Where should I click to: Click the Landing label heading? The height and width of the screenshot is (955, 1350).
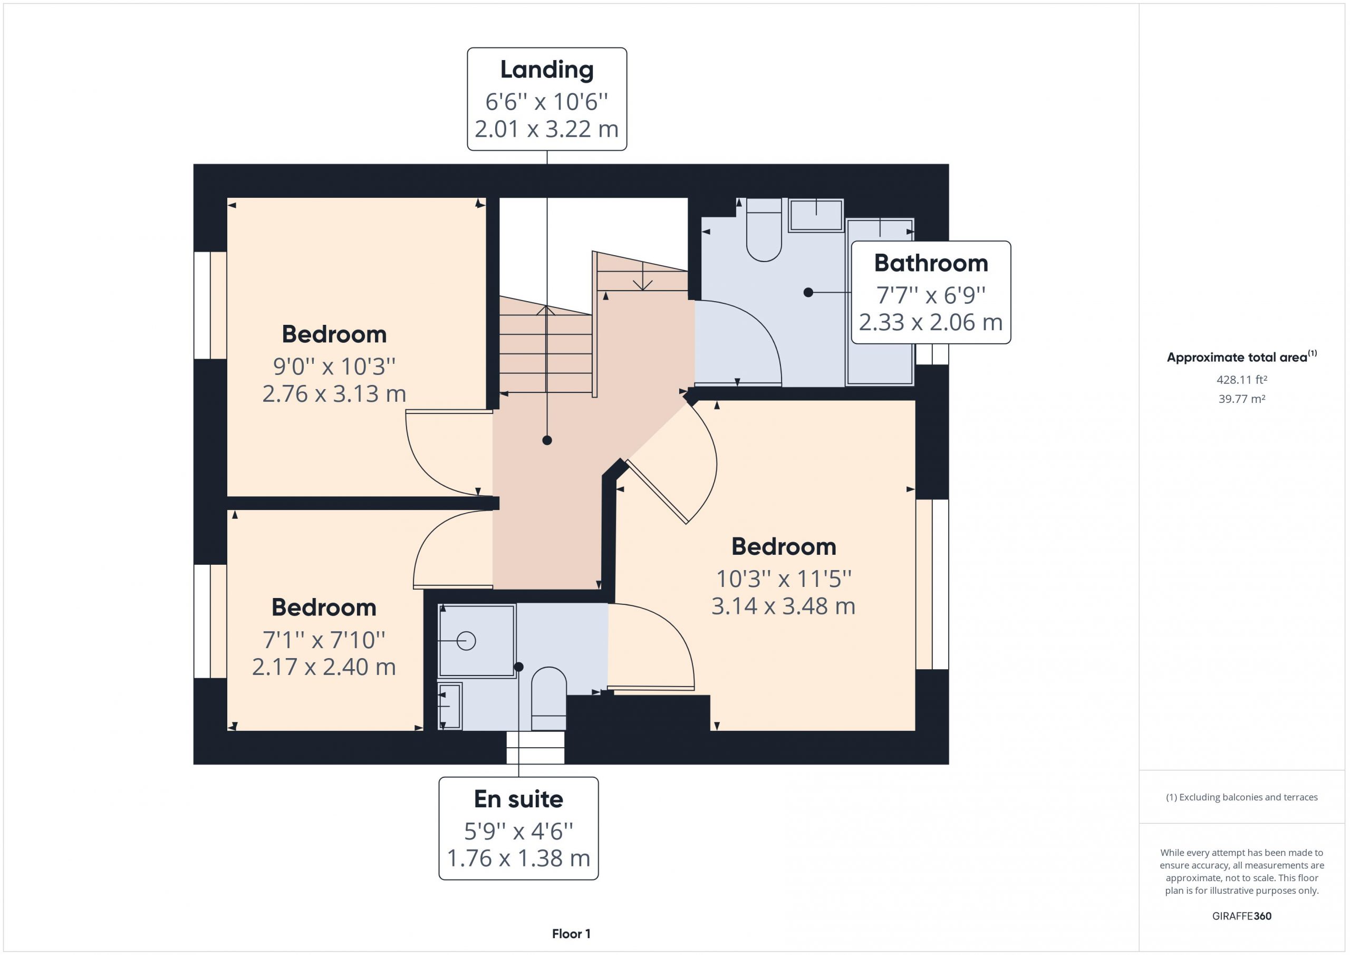547,70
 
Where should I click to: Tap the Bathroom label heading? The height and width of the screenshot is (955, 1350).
931,263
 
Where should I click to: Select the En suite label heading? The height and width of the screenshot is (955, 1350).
518,799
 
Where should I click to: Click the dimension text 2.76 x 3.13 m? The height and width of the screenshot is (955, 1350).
334,394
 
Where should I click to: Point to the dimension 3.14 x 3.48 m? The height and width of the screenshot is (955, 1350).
783,606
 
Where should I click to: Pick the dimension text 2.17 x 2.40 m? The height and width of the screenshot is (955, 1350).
324,667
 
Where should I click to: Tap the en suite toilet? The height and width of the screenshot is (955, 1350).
548,699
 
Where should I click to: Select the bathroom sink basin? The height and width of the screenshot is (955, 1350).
816,215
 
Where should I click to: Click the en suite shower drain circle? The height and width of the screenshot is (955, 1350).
466,640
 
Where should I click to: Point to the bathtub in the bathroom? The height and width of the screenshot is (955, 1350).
880,302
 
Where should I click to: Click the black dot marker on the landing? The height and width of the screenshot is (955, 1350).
547,440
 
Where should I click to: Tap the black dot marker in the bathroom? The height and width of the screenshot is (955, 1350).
808,292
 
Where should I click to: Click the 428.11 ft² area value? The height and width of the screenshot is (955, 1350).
1241,380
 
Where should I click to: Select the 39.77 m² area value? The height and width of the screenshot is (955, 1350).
1241,399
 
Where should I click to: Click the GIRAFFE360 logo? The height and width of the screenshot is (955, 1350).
1242,915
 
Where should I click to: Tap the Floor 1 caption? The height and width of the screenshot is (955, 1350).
571,934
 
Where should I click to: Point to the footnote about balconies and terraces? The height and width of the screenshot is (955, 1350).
1242,797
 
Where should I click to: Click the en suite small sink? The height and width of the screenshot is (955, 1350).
450,706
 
